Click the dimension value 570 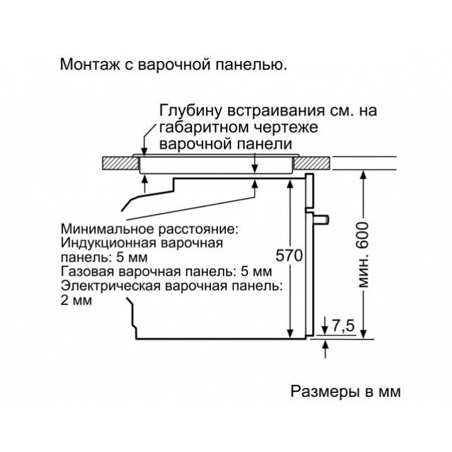pos(289,256)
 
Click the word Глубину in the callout pos(189,111)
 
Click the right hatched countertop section pos(312,162)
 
